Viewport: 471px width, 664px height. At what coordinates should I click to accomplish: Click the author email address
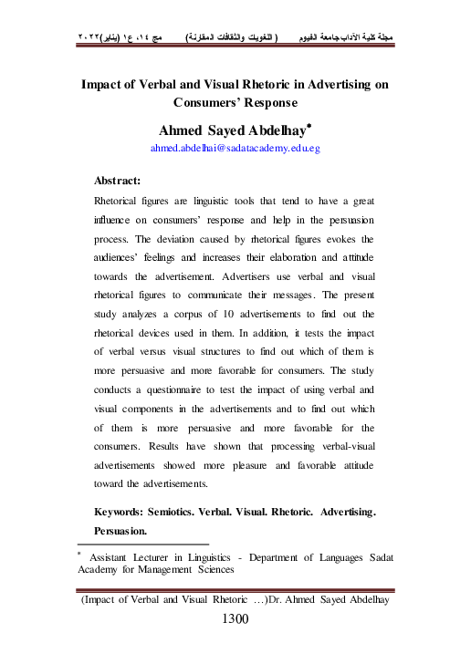click(235, 147)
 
